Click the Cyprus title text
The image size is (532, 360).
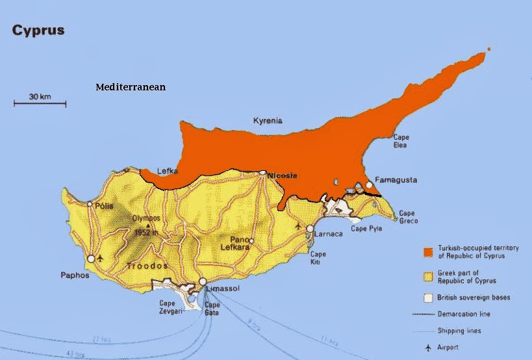tap(38, 31)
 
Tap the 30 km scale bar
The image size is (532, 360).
tap(40, 103)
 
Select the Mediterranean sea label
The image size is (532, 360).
tap(131, 87)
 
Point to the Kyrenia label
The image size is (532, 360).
tap(268, 120)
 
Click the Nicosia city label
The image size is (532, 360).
tap(283, 175)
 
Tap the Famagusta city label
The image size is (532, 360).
tap(396, 180)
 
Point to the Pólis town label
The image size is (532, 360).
tap(104, 206)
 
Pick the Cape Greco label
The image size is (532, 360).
tap(407, 216)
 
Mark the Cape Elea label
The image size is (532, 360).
tap(401, 141)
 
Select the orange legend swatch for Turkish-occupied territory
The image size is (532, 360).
tap(427, 252)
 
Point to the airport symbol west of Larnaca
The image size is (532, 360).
tap(298, 226)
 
